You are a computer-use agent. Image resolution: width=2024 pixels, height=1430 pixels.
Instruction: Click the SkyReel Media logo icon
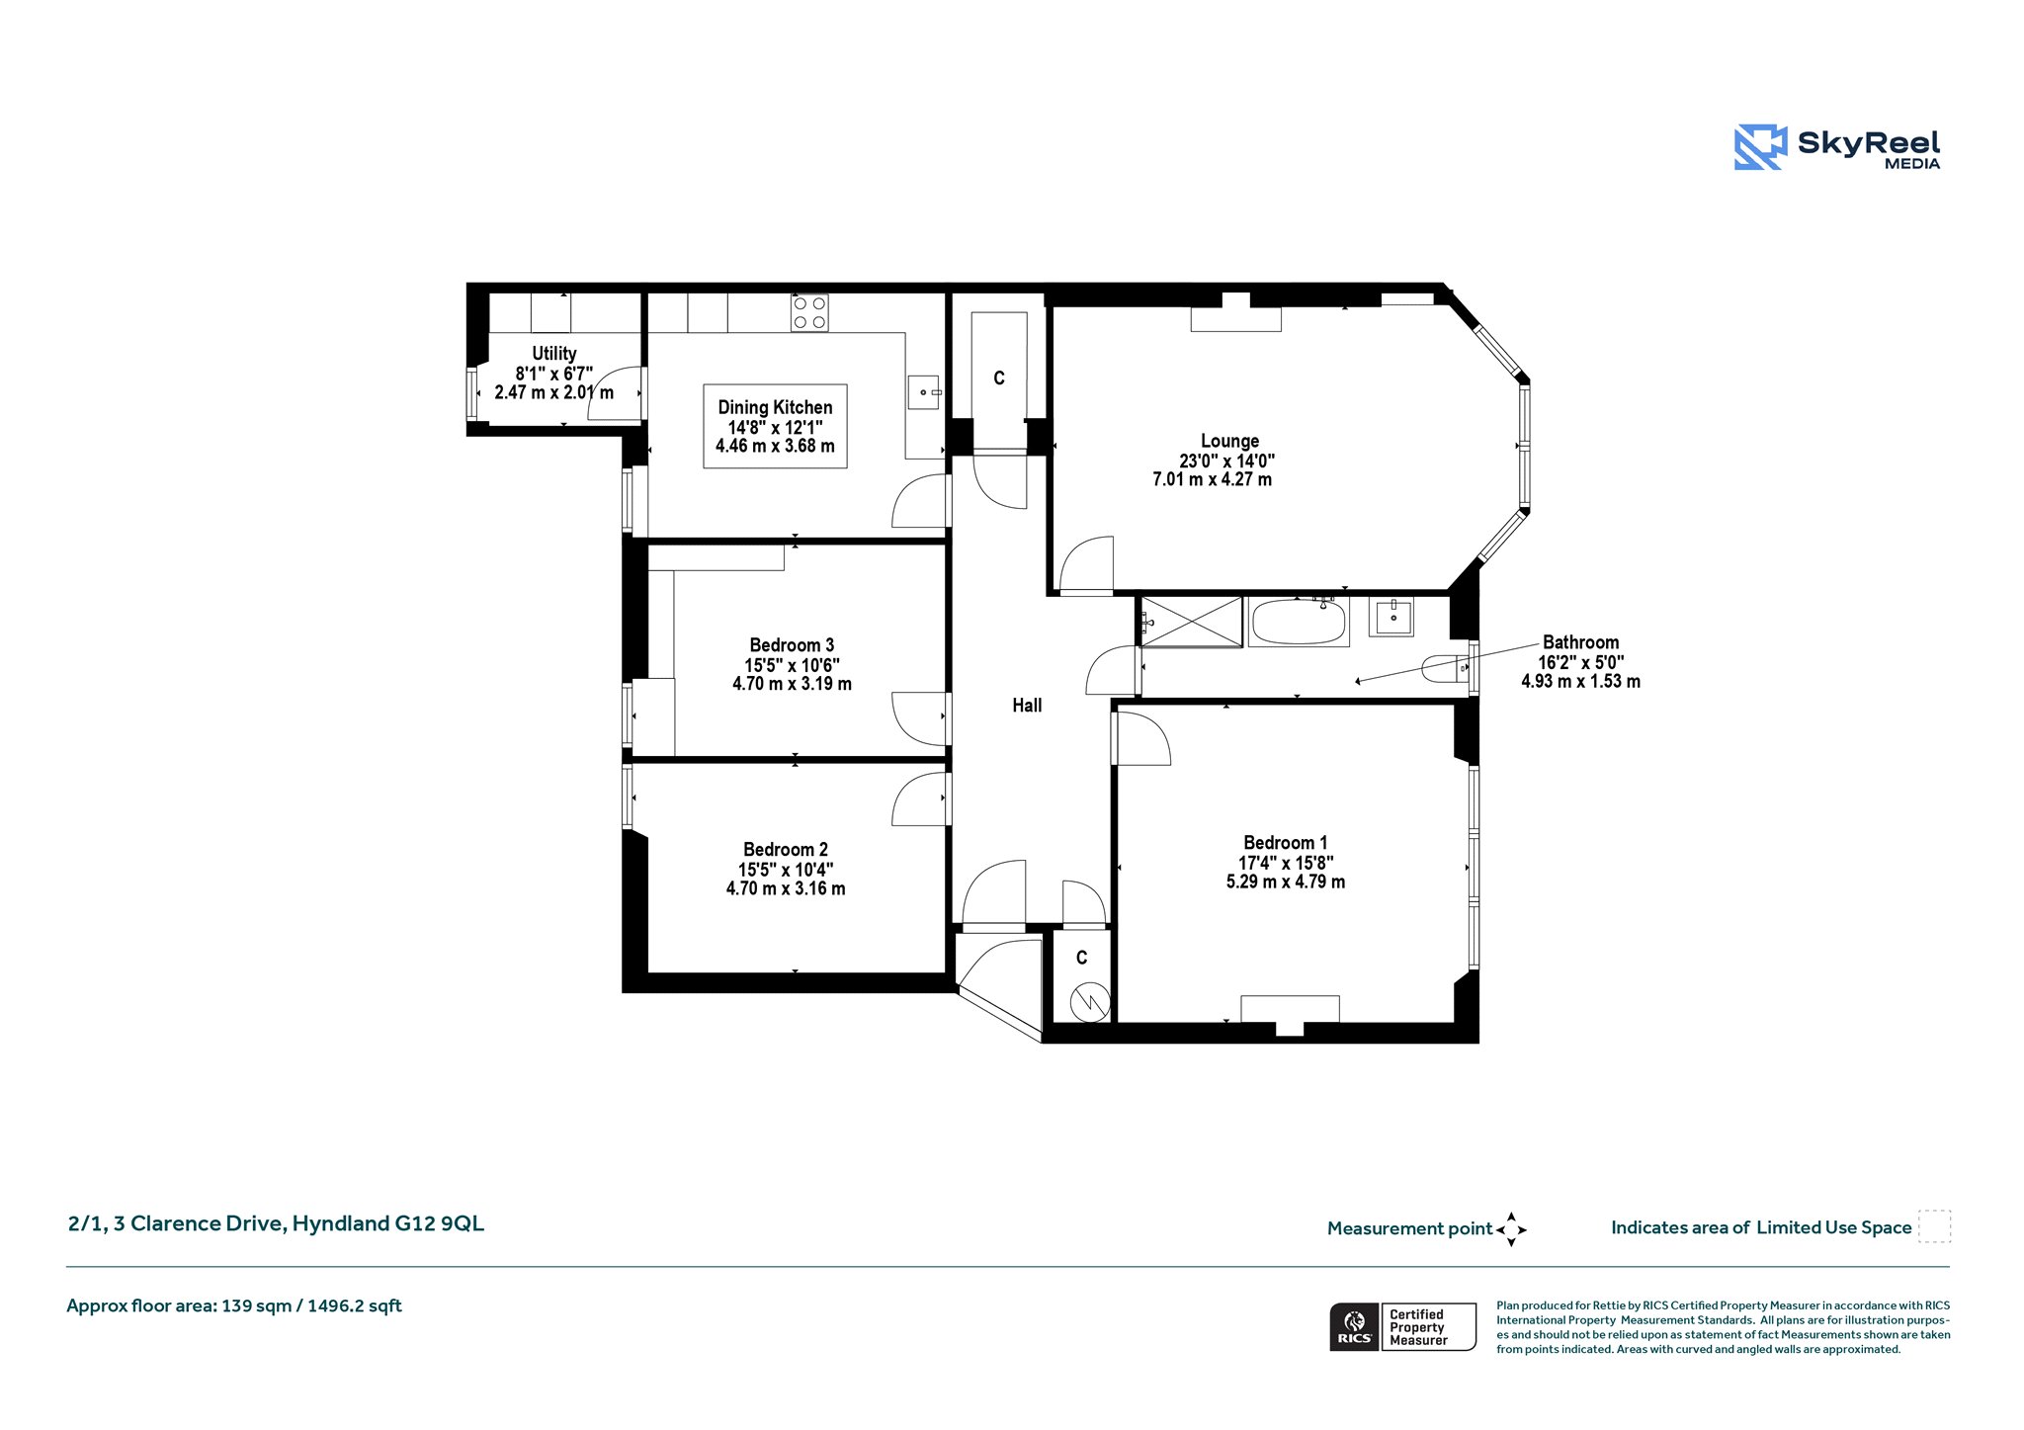(1760, 147)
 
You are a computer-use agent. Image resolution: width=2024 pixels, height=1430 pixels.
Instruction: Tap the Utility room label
(554, 353)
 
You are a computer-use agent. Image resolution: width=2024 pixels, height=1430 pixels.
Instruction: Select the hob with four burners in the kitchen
(809, 312)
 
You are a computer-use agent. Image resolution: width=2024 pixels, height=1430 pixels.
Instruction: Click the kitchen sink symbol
(924, 392)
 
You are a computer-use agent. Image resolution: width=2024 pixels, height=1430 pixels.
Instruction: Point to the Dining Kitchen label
(775, 407)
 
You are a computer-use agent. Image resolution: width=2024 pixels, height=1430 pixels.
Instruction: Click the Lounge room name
(1229, 441)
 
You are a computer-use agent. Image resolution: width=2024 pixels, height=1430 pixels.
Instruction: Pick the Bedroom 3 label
(792, 645)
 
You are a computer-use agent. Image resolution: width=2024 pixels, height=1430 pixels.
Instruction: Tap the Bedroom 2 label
(786, 850)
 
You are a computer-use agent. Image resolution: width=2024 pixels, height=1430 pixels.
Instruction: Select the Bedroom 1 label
(1285, 843)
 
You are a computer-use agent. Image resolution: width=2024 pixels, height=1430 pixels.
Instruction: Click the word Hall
(1027, 706)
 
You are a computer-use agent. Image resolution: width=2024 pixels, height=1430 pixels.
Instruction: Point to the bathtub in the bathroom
(1299, 622)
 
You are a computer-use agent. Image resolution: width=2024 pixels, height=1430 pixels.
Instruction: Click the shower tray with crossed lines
(1192, 622)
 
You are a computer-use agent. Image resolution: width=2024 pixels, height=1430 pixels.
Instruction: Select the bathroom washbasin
(1391, 617)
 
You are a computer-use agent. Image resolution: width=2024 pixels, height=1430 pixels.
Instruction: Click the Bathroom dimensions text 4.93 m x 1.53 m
(1580, 682)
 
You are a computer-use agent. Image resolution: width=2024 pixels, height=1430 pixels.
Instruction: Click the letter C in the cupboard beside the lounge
(999, 379)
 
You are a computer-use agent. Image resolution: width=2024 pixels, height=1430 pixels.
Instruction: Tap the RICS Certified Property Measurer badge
(1402, 1326)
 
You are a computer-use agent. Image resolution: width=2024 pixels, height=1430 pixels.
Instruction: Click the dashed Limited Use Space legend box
(1934, 1225)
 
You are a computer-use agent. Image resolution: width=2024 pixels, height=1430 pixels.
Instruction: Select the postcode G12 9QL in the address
(440, 1223)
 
